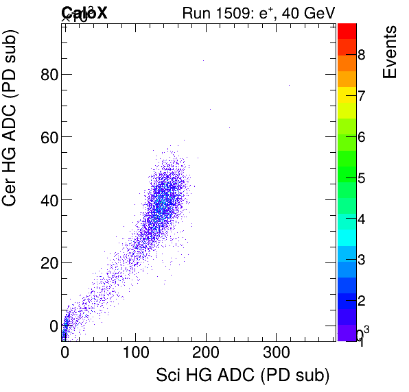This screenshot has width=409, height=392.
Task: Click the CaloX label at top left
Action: [x=84, y=12]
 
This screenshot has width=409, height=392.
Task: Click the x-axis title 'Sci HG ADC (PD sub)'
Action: [x=234, y=375]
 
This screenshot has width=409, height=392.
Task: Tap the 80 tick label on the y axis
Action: [x=49, y=74]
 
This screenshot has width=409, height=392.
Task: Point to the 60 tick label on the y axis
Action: [x=49, y=137]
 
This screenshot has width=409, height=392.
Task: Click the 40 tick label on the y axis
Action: [x=49, y=200]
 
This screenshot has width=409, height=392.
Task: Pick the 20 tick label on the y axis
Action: [x=49, y=262]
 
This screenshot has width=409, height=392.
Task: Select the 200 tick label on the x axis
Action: [x=205, y=354]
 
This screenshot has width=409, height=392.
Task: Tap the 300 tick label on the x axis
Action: [x=276, y=354]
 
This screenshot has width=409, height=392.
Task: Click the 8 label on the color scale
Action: [x=362, y=55]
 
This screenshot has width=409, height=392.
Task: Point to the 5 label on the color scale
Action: [x=362, y=179]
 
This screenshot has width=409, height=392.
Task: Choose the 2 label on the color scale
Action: [x=362, y=302]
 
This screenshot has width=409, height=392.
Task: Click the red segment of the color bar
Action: [x=347, y=31]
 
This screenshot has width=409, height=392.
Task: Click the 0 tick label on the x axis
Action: [x=65, y=354]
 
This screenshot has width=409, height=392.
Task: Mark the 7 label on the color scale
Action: [x=362, y=96]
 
